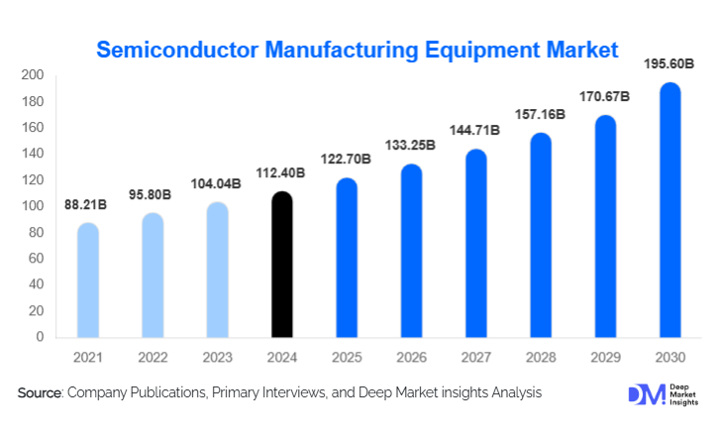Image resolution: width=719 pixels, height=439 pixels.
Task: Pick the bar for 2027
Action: click(x=476, y=244)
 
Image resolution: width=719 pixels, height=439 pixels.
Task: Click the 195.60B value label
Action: click(x=670, y=63)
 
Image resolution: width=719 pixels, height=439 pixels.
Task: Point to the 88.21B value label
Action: click(x=88, y=204)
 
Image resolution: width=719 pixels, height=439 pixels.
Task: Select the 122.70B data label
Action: click(x=347, y=160)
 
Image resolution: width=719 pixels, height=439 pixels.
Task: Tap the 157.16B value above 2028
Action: click(x=541, y=114)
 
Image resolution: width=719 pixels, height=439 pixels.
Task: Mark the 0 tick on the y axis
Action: click(x=40, y=337)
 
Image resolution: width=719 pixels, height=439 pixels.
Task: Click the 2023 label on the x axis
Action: click(x=217, y=356)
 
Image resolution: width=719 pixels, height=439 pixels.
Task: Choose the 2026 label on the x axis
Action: click(x=411, y=356)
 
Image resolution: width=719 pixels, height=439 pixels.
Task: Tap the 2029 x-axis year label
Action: click(x=605, y=356)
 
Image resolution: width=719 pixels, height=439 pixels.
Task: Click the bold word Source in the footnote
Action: click(x=40, y=393)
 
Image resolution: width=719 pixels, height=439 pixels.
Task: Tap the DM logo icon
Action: click(x=644, y=393)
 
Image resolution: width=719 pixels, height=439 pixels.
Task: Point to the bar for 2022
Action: click(x=153, y=275)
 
